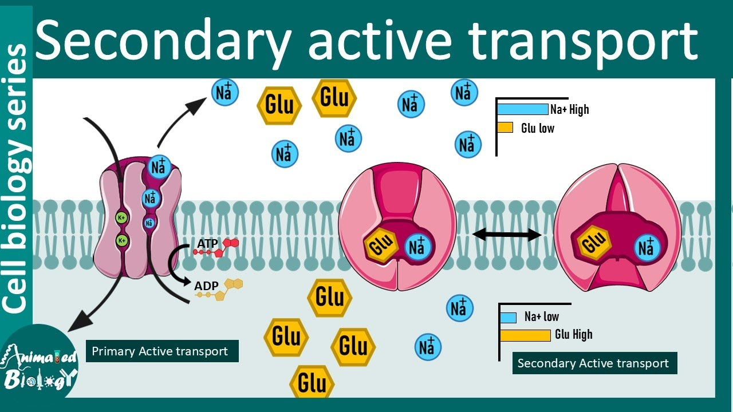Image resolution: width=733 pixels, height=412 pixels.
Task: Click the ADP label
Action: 207,286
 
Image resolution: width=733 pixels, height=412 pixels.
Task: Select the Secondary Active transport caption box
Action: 593,363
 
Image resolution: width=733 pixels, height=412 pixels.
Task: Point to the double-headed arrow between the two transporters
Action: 506,234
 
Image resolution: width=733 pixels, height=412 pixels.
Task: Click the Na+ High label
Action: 569,109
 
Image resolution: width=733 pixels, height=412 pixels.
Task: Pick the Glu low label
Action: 538,128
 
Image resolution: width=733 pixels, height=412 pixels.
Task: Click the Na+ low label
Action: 541,317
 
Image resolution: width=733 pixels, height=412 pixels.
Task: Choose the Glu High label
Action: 574,335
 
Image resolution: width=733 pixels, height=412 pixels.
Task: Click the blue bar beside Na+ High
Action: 522,109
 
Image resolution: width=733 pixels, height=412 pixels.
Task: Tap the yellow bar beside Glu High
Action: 525,335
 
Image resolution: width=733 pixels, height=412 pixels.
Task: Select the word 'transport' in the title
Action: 584,39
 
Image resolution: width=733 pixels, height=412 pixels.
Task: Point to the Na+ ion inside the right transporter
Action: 646,248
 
